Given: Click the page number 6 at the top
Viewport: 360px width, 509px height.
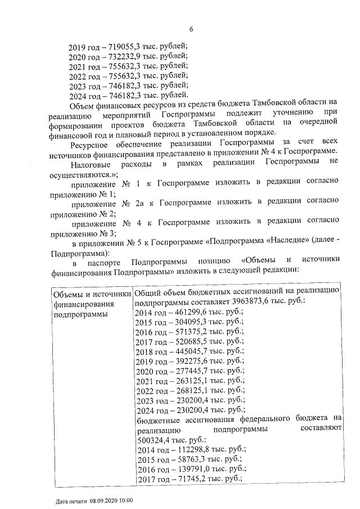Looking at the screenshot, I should coord(191,29).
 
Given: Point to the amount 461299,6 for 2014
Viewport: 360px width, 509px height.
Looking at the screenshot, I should coord(188,312).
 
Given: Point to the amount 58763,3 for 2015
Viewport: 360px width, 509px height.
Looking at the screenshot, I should coord(186,460).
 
